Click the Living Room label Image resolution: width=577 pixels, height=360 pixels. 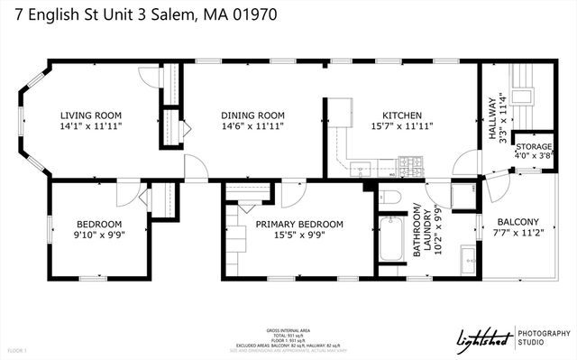pos(90,115)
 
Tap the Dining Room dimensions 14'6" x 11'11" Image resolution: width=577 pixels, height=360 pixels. pos(252,127)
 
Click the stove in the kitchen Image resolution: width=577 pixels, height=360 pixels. pos(410,165)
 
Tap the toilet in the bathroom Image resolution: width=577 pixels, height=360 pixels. pos(389,198)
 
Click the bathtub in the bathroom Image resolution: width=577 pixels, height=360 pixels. pos(392,239)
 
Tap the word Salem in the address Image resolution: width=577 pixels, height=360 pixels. pos(169,14)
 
